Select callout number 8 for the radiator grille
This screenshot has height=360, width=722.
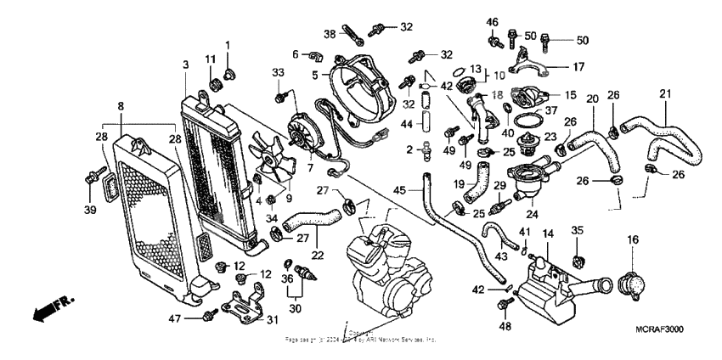(121, 107)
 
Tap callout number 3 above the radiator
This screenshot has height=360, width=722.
(186, 66)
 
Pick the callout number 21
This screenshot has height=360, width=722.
(665, 93)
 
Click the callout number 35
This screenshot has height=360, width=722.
(578, 230)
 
